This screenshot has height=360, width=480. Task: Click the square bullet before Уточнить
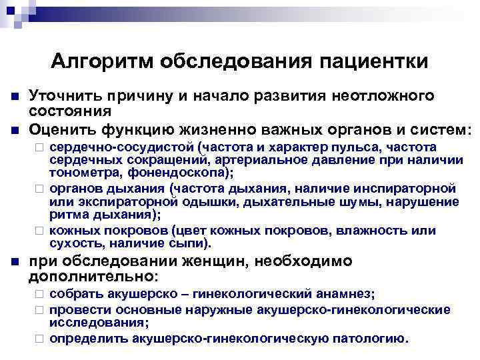pyautogui.click(x=13, y=97)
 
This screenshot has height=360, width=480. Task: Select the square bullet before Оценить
pyautogui.click(x=13, y=127)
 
